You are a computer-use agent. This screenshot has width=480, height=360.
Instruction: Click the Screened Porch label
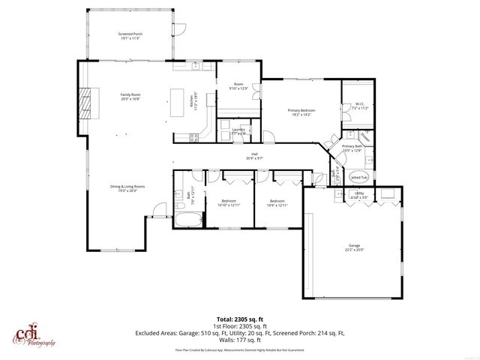click(130, 35)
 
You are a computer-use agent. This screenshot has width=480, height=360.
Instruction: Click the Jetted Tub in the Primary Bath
click(358, 178)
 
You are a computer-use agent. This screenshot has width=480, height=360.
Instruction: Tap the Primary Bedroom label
click(301, 112)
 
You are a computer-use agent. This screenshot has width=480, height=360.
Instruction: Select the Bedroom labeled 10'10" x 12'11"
click(228, 202)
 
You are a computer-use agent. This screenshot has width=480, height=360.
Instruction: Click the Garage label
click(354, 247)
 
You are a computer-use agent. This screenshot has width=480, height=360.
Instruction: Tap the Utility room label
click(359, 194)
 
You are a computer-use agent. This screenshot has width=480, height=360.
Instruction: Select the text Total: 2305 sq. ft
click(239, 319)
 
